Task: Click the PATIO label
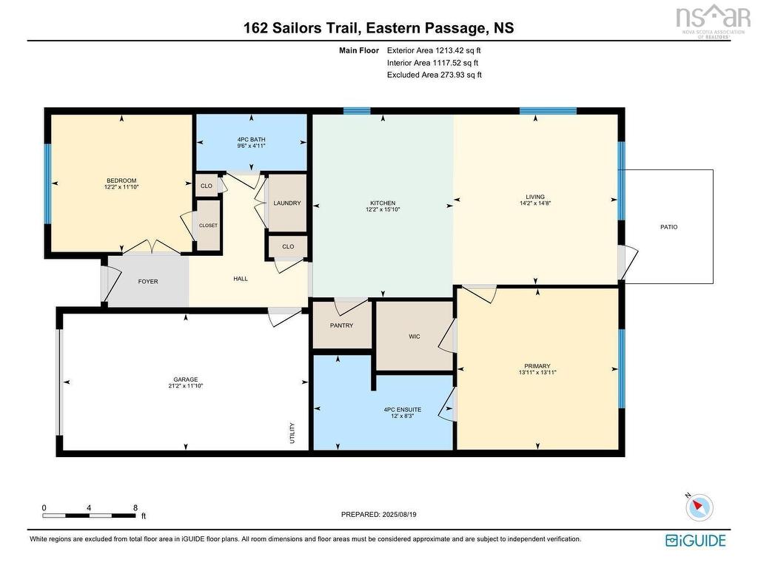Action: pyautogui.click(x=669, y=227)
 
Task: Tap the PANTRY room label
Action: pyautogui.click(x=341, y=325)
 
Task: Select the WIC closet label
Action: pyautogui.click(x=415, y=337)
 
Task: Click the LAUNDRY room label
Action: pyautogui.click(x=287, y=203)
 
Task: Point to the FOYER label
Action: pyautogui.click(x=148, y=282)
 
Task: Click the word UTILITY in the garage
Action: pyautogui.click(x=292, y=433)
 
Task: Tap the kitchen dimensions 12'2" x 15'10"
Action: pyautogui.click(x=383, y=209)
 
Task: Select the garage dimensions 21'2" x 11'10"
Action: pyautogui.click(x=186, y=386)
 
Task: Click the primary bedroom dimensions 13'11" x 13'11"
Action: pyautogui.click(x=537, y=373)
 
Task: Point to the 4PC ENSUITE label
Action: pyautogui.click(x=403, y=410)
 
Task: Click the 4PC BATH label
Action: pyautogui.click(x=252, y=140)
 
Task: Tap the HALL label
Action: pyautogui.click(x=241, y=279)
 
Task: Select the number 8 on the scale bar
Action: pyautogui.click(x=135, y=507)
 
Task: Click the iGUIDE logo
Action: pyautogui.click(x=696, y=540)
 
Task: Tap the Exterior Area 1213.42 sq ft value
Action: pyautogui.click(x=434, y=50)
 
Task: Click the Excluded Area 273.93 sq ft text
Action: pyautogui.click(x=435, y=75)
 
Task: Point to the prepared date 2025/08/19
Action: pyautogui.click(x=399, y=515)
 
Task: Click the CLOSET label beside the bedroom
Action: pyautogui.click(x=208, y=226)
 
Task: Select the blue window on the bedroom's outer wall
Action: pyautogui.click(x=48, y=183)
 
